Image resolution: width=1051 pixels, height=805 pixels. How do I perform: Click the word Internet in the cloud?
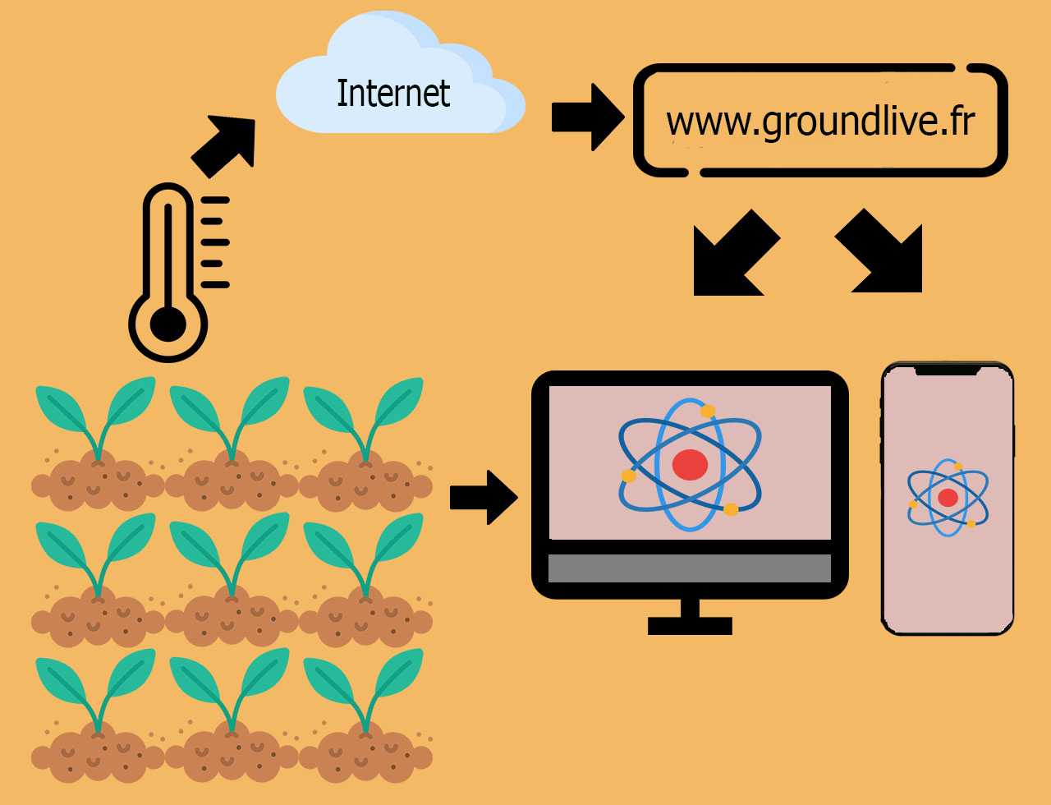point(393,93)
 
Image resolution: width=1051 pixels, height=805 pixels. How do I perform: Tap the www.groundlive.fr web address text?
point(820,122)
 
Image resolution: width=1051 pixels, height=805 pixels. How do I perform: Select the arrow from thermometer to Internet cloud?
point(223,146)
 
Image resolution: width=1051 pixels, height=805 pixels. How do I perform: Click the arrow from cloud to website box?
point(588,117)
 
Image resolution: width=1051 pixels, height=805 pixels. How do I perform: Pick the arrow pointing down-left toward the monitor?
point(737,252)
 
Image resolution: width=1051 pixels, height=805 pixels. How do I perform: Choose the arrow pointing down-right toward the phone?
point(879,251)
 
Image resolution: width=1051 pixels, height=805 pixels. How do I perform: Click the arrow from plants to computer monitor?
point(484,497)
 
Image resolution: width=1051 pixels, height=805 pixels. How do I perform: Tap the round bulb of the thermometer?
point(168,324)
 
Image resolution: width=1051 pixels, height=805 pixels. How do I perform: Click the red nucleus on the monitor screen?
point(690,465)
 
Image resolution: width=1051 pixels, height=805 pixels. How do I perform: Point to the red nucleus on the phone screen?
point(948,498)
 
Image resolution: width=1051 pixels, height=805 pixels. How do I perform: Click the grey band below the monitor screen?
point(690,568)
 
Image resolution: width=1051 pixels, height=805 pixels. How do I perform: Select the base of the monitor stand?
point(690,626)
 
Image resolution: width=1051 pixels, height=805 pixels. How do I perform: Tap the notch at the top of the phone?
point(948,370)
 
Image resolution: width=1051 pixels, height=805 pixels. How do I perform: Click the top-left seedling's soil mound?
point(98,481)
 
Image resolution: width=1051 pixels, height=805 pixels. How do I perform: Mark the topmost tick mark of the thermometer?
point(215,200)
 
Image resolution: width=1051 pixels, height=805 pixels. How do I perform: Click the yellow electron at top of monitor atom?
point(708,412)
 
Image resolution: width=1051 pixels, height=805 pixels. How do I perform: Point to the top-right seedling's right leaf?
point(398,402)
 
